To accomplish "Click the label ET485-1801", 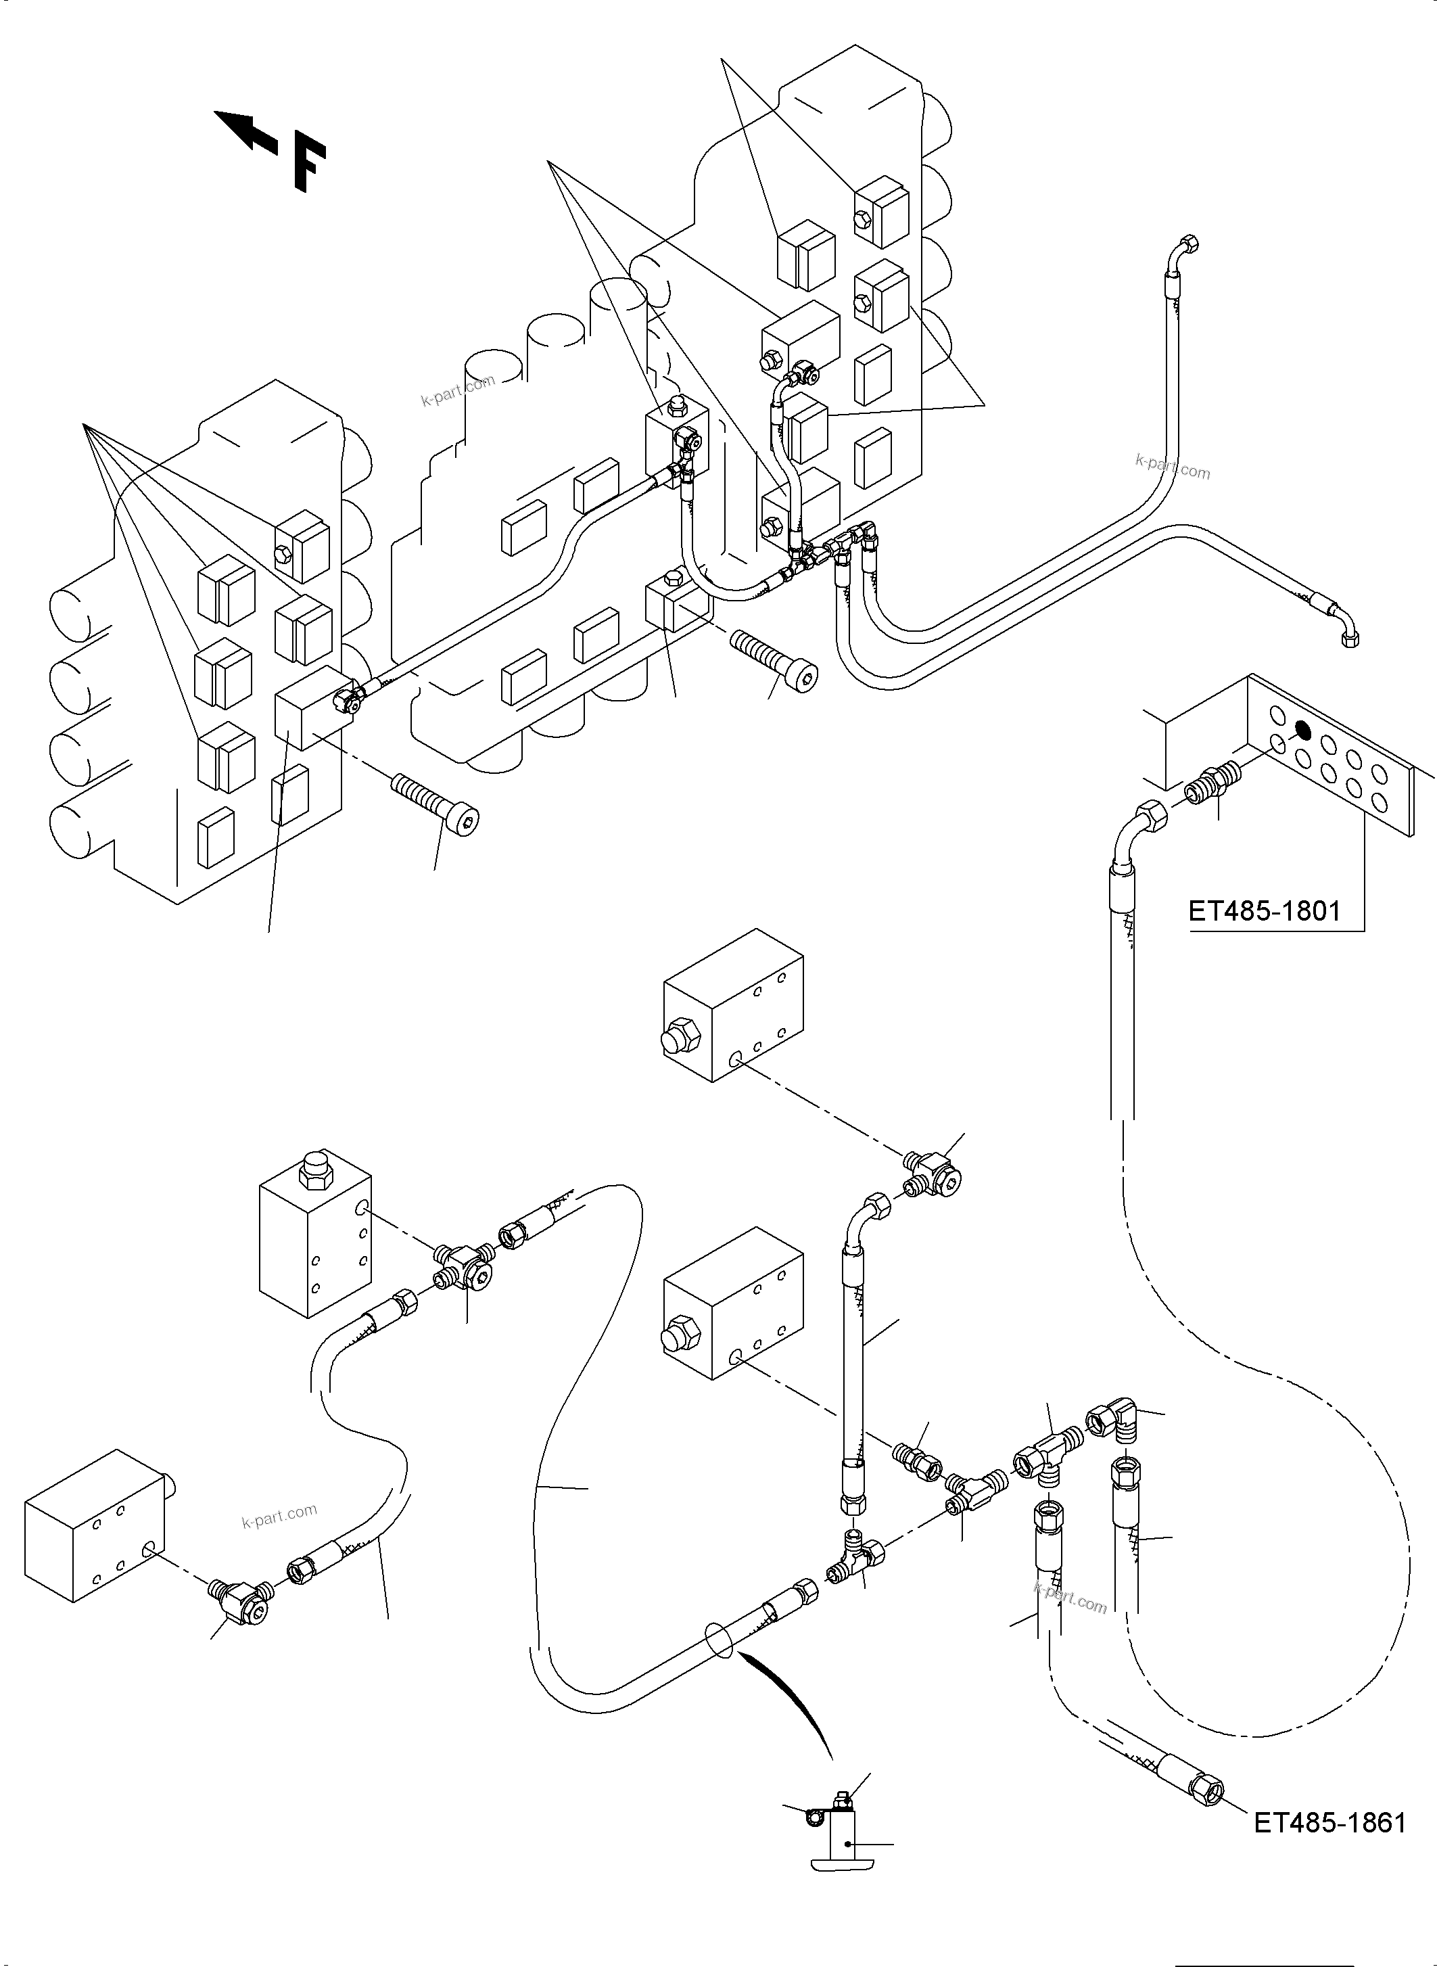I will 1264,912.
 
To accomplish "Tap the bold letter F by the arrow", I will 309,165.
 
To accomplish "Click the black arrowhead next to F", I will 241,130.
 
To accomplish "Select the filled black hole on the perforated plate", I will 1303,730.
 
